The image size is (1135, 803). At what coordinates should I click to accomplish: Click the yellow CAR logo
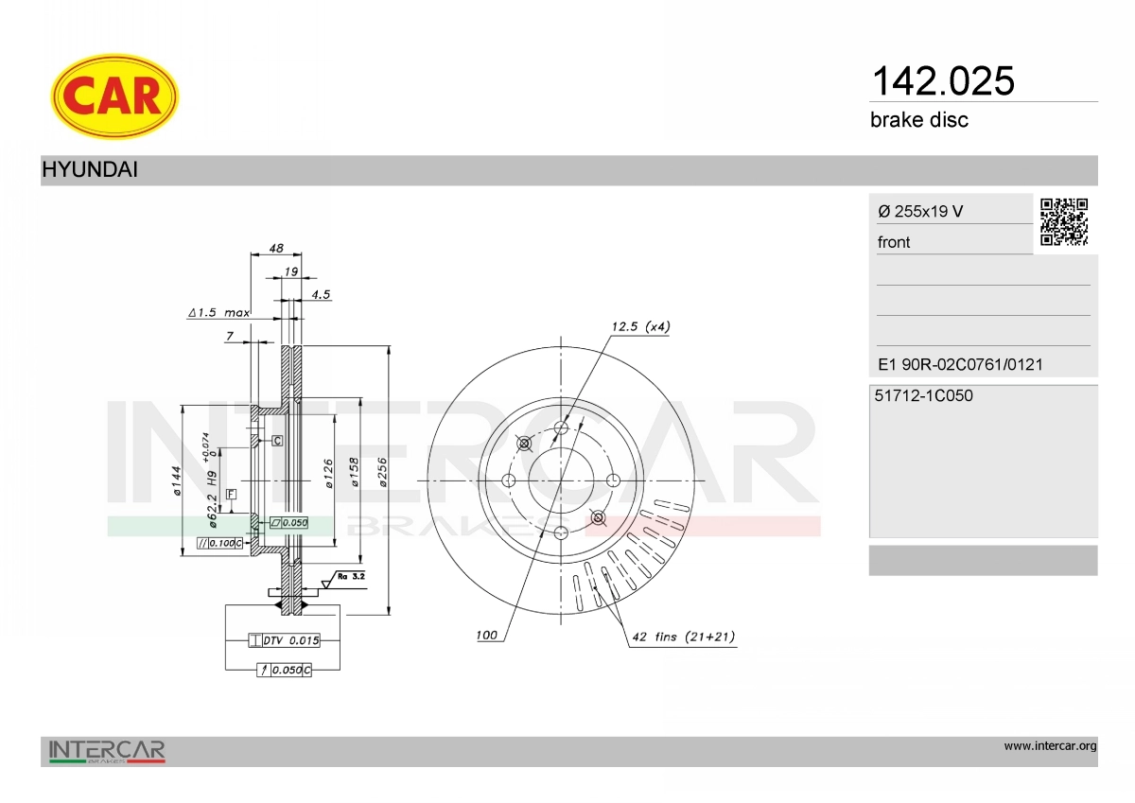(x=114, y=96)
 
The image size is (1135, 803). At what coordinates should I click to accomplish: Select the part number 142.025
(x=943, y=81)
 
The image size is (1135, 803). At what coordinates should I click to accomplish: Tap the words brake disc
(x=919, y=120)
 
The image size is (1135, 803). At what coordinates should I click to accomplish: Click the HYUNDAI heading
(x=90, y=169)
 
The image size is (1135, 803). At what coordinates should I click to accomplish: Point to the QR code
(x=1064, y=222)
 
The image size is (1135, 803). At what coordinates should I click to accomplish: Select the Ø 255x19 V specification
(x=920, y=211)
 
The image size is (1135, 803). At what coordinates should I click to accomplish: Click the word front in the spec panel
(x=894, y=242)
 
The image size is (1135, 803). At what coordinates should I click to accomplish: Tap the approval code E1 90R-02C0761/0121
(x=960, y=364)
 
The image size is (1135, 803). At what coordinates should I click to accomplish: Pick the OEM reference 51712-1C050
(x=923, y=395)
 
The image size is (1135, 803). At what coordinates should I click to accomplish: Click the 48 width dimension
(x=276, y=248)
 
